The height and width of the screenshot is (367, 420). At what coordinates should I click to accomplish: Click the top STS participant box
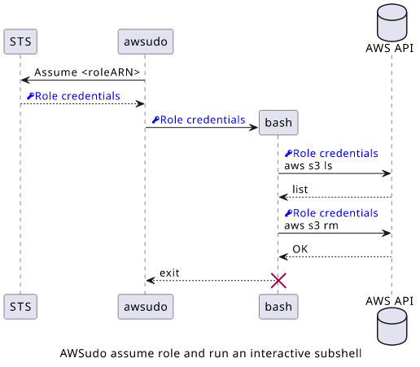click(20, 42)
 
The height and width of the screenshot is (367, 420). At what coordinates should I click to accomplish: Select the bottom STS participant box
click(20, 307)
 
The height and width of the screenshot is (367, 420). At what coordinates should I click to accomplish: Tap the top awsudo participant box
click(146, 42)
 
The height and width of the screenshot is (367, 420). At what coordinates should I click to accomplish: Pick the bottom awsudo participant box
click(146, 307)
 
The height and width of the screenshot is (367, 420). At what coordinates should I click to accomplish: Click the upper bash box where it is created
click(278, 123)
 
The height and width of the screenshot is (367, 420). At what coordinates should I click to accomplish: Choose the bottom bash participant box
click(278, 307)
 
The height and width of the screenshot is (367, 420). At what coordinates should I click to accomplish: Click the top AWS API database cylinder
click(392, 23)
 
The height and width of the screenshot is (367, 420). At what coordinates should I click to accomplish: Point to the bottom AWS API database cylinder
click(392, 326)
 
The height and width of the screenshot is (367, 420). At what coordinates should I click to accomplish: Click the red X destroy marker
click(278, 281)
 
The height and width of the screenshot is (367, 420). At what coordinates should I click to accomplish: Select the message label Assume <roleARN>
click(87, 72)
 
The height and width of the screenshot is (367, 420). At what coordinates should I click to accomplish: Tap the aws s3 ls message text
click(308, 166)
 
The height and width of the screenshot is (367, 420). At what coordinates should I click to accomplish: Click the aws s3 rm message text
click(311, 225)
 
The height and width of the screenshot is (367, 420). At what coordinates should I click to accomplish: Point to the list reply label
click(300, 190)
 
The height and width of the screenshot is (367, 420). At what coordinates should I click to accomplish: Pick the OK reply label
click(300, 249)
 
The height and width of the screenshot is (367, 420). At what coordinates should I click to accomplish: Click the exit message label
click(169, 273)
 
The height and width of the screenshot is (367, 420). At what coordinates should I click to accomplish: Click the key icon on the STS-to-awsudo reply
click(30, 96)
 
